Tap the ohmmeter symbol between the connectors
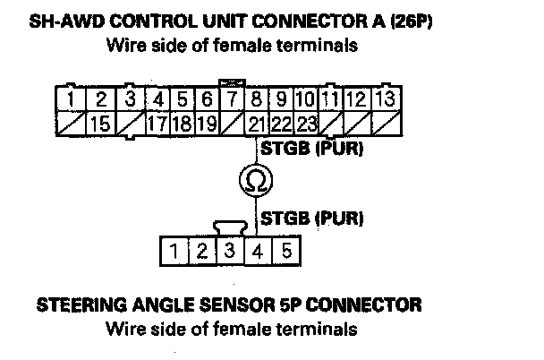256,182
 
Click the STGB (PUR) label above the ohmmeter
311,149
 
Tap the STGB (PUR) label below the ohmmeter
311,218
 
